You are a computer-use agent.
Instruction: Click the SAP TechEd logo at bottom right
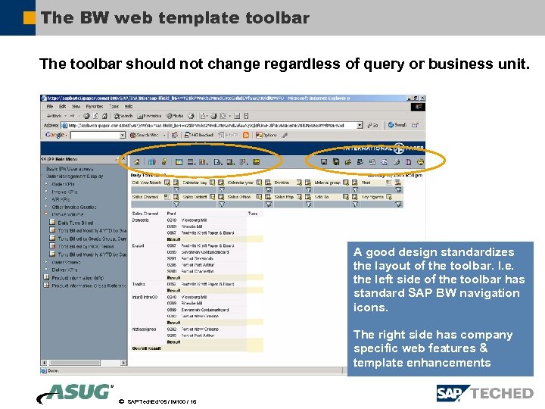point(484,393)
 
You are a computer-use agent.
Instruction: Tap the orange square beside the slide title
point(29,17)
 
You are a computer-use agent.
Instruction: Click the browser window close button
point(421,98)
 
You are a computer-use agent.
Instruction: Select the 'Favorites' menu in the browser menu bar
point(93,107)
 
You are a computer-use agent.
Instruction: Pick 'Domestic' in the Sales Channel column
point(142,220)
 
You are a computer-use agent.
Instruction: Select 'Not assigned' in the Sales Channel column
point(144,329)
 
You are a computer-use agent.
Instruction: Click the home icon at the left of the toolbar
point(137,161)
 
